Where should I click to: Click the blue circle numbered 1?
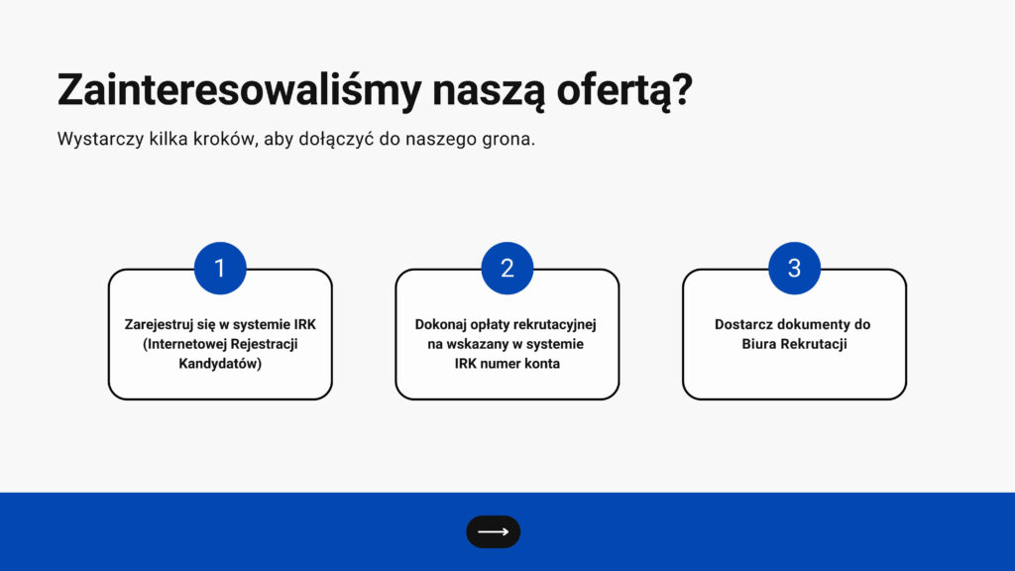(220, 268)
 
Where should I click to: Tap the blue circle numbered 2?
(507, 268)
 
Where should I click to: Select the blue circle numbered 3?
(794, 268)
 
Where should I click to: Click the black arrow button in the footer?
(494, 532)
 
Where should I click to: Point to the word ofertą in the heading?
(617, 90)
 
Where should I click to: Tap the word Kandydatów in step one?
(218, 363)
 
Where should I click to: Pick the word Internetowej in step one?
(185, 344)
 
